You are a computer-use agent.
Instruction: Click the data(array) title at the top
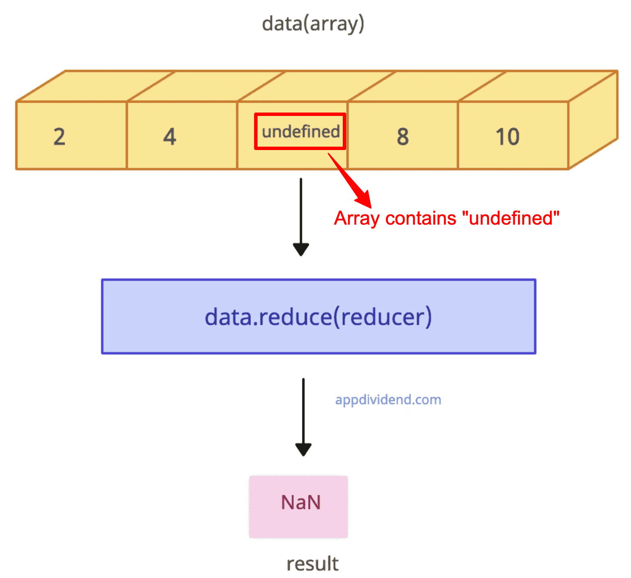point(313,23)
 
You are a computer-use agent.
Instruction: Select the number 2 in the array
point(60,137)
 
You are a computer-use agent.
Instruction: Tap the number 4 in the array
point(170,137)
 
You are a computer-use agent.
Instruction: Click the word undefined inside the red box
point(301,132)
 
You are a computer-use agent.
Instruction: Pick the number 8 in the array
point(403,137)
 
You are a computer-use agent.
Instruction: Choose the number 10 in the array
point(507,137)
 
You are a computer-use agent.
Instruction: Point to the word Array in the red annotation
point(357,219)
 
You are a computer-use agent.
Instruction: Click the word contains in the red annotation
point(421,219)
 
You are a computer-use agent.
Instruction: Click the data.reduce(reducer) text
point(318,317)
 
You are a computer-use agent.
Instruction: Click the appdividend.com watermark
point(388,400)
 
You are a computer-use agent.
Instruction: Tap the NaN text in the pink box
point(301,503)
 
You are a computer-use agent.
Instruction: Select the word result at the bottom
point(313,564)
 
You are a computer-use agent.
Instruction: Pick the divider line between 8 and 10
point(458,136)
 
